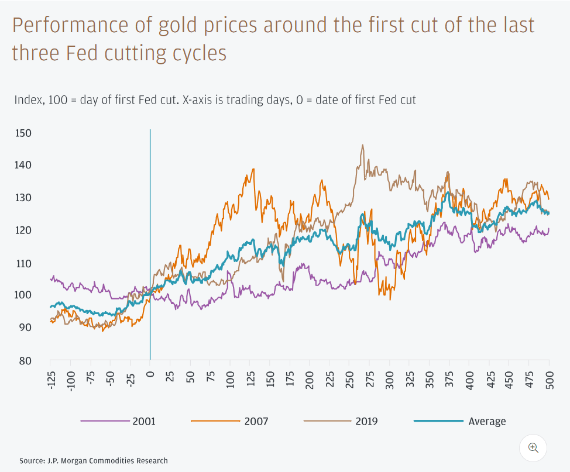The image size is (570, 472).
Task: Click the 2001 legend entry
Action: [118, 421]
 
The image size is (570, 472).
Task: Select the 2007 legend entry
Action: [229, 421]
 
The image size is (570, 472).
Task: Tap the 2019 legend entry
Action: [341, 421]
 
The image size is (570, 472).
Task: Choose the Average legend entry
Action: [460, 421]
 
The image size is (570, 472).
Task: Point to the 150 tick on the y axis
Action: [23, 133]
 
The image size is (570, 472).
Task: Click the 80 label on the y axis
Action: [25, 361]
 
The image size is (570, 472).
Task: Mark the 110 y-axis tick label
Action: [23, 263]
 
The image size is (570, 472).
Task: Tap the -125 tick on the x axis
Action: [52, 380]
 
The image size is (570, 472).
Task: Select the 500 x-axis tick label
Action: [550, 380]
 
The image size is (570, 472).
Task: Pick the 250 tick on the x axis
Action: [350, 380]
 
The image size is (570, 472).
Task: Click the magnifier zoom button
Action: [533, 447]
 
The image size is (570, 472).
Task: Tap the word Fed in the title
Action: [82, 53]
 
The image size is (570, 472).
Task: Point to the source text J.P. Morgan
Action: [67, 461]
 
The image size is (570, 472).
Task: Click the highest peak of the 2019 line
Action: [362, 145]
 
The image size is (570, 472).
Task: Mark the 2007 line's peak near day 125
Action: [253, 169]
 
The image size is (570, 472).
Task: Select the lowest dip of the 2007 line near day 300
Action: [390, 300]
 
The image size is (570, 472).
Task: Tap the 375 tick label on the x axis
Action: [449, 380]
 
